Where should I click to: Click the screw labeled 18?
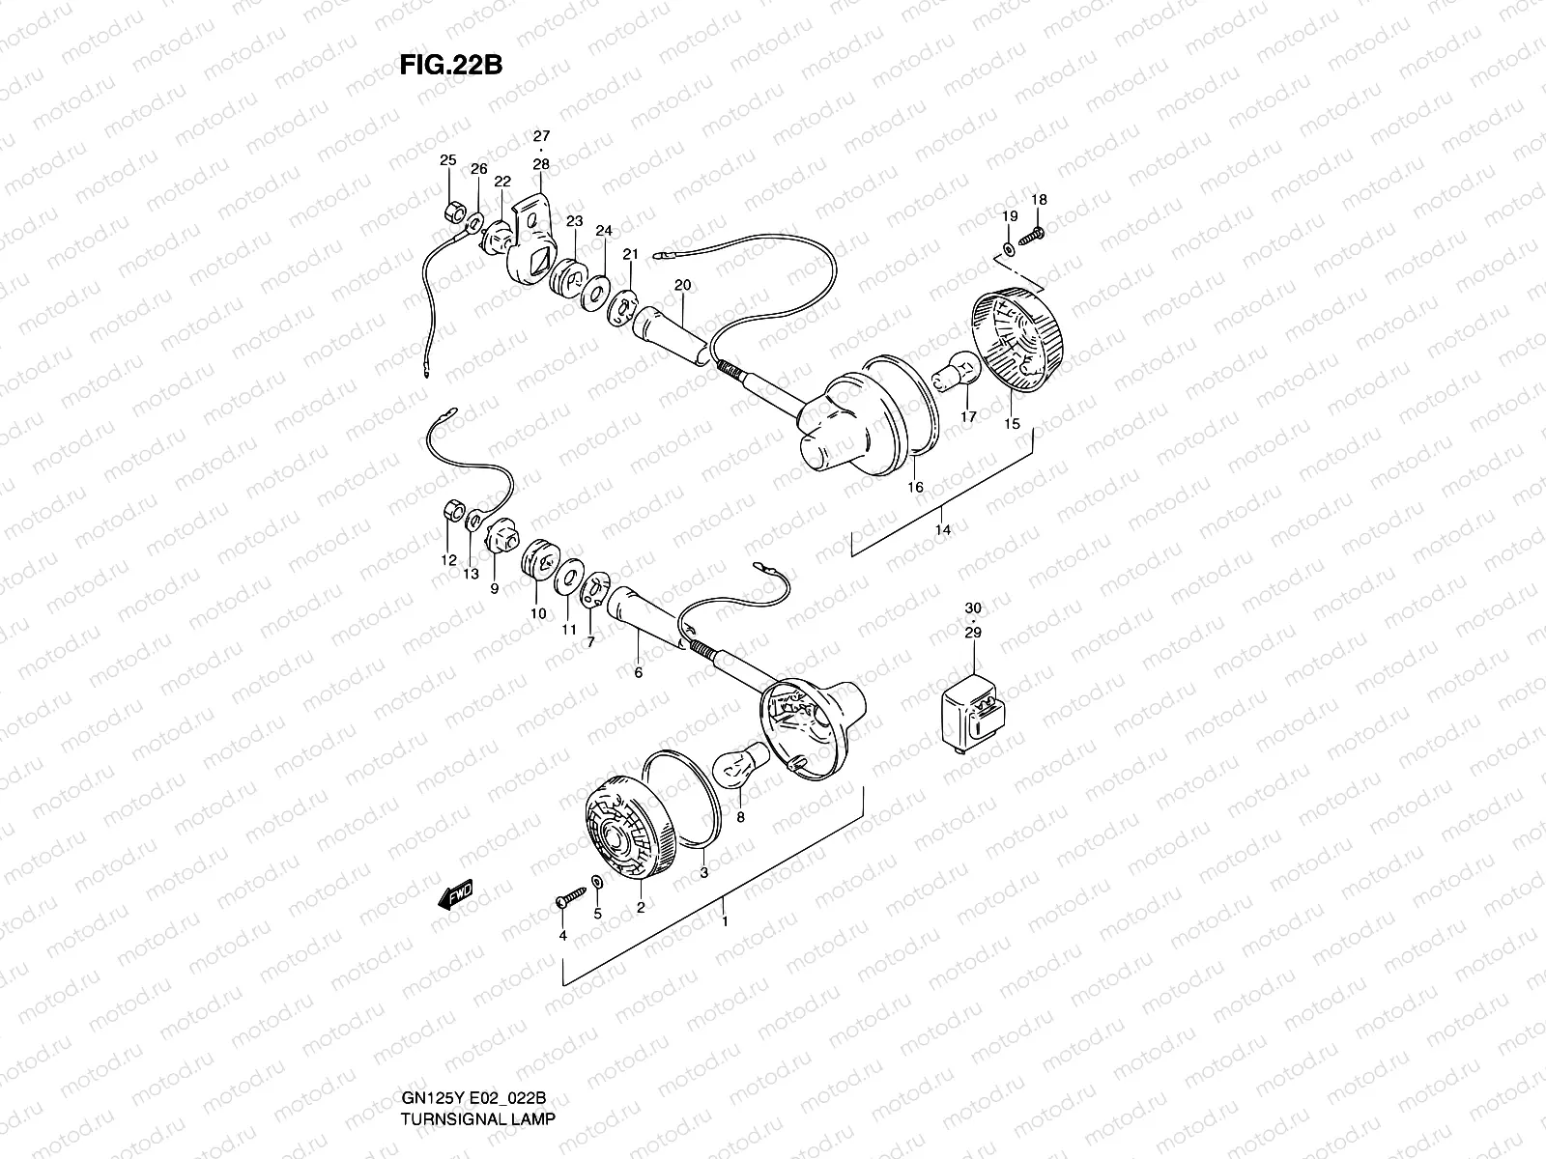pos(1034,234)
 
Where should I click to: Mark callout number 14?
pos(943,530)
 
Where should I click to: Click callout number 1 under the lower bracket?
pos(725,920)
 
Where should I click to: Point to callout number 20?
pos(682,285)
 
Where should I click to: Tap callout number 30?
pos(973,608)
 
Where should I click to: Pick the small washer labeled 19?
pos(1009,249)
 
